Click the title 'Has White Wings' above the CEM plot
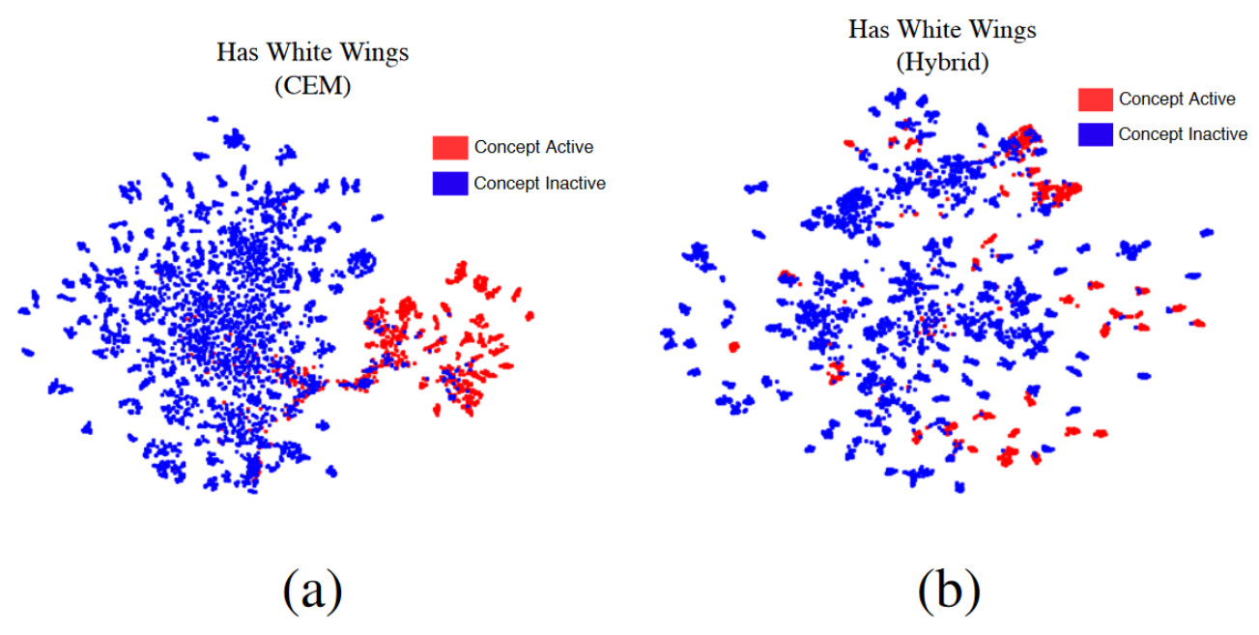click(x=312, y=52)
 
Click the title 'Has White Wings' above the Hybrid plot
click(x=942, y=30)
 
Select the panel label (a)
click(x=312, y=591)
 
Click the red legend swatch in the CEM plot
click(x=450, y=148)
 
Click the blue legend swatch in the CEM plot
click(x=450, y=183)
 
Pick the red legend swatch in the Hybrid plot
click(x=1095, y=100)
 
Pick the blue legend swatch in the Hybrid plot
click(x=1095, y=134)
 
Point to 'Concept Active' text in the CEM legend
click(x=533, y=148)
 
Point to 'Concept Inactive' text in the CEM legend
click(x=539, y=184)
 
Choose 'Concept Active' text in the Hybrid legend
click(x=1177, y=100)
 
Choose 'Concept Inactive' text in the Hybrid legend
click(x=1183, y=134)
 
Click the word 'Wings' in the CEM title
click(x=376, y=52)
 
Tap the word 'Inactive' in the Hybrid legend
click(x=1214, y=134)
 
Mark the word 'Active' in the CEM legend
click(x=566, y=148)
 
